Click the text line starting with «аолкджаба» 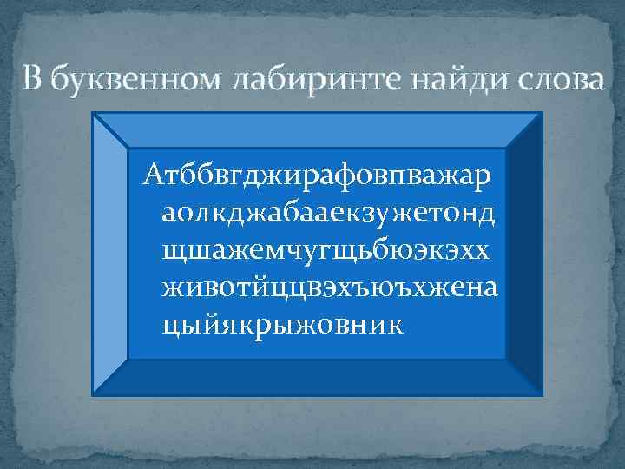coord(327,213)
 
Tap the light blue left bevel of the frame coord(109,252)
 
